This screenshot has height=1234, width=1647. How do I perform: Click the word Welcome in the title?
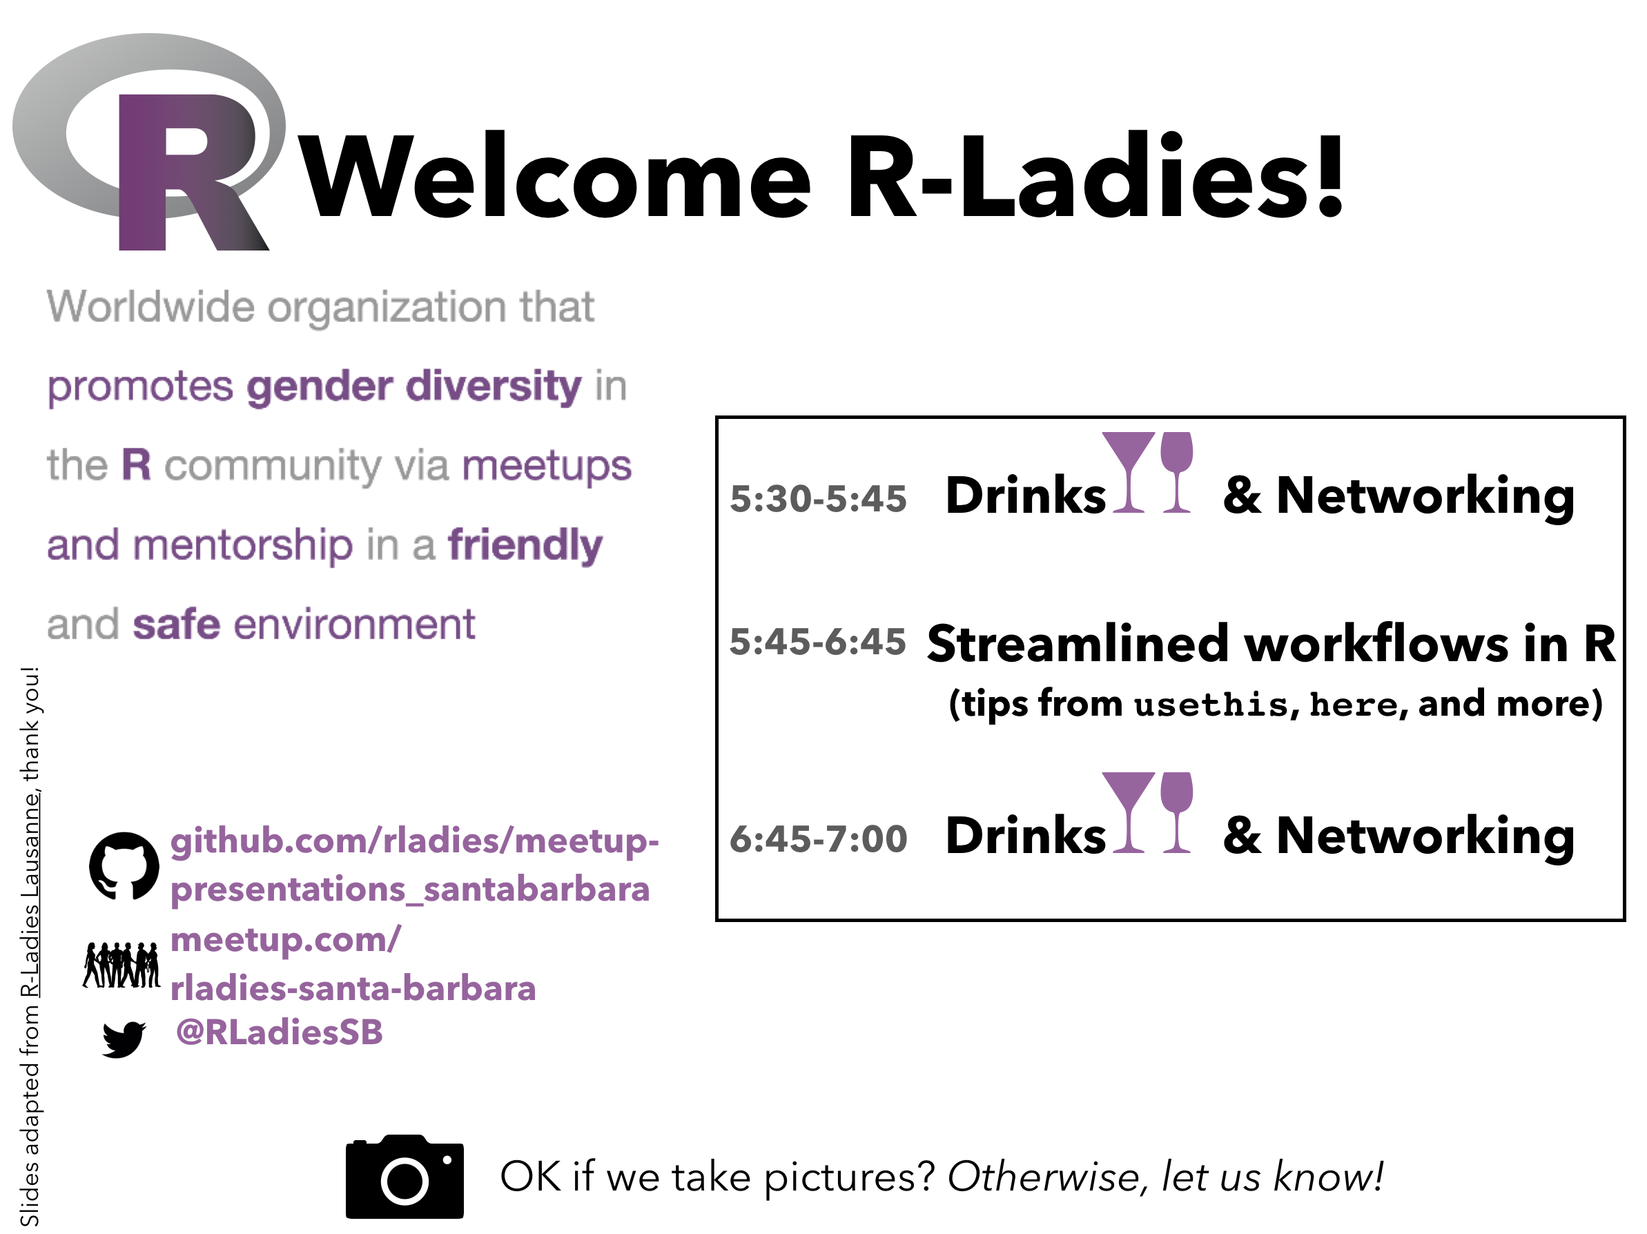[x=556, y=177]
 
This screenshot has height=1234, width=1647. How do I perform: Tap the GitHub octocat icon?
[x=124, y=865]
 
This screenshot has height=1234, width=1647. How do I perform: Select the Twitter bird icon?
[x=124, y=1039]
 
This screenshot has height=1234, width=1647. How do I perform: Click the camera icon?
[x=405, y=1177]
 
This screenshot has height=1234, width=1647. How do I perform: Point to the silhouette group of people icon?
[x=121, y=965]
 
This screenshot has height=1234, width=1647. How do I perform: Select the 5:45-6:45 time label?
[x=817, y=642]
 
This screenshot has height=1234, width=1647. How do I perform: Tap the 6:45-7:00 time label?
[x=818, y=839]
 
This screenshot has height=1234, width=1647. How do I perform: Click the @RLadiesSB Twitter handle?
[x=279, y=1032]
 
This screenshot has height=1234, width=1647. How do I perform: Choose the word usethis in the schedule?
[x=1211, y=705]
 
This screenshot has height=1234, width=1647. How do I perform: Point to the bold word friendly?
[x=525, y=545]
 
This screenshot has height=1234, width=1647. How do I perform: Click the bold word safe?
[x=177, y=624]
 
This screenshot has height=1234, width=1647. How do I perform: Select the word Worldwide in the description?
[x=150, y=306]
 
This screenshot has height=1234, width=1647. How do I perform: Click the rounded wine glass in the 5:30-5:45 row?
[x=1176, y=472]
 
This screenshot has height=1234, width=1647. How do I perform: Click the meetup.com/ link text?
[x=286, y=939]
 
